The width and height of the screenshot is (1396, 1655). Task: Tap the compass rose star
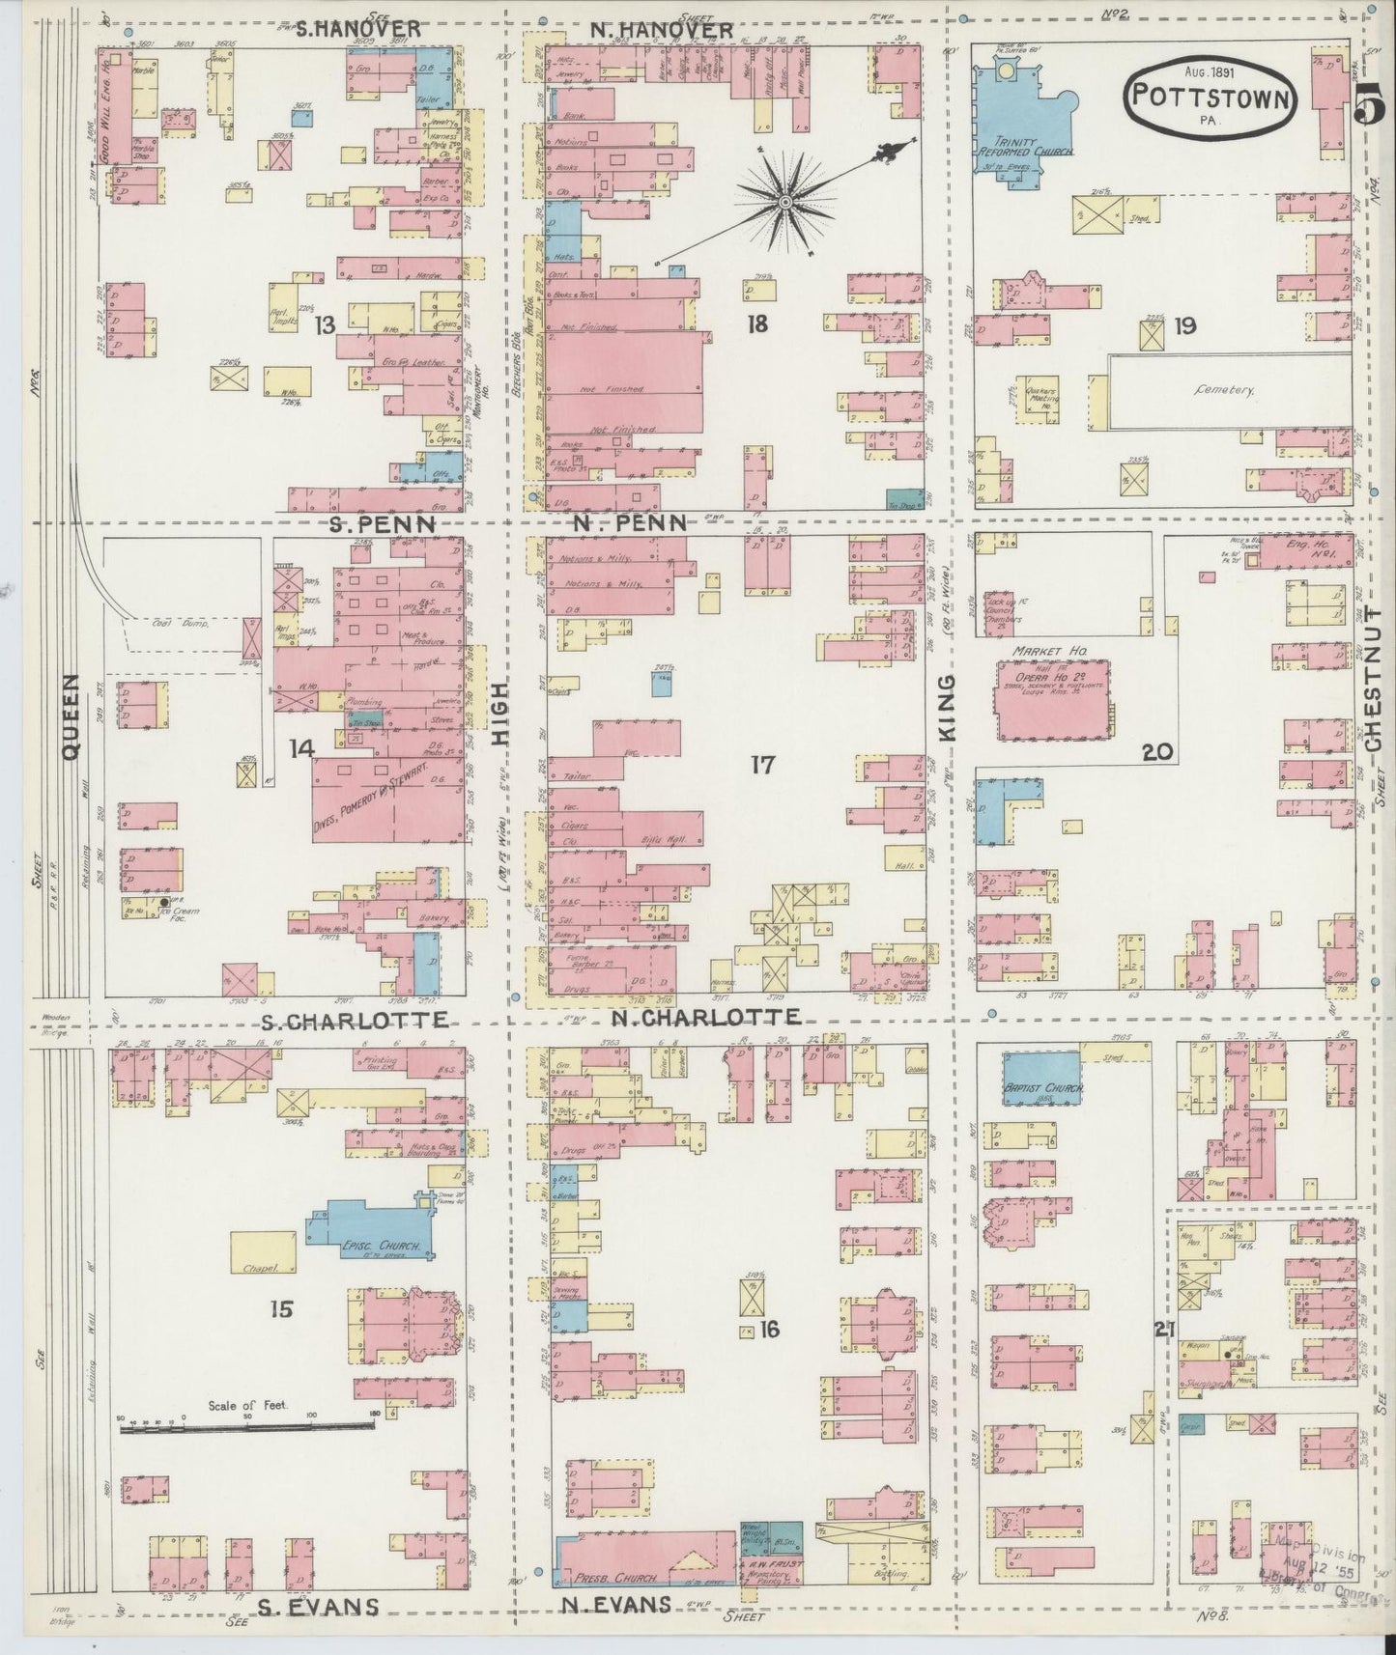click(784, 201)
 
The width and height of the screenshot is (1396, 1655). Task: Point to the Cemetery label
click(1223, 391)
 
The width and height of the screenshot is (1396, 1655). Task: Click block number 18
click(755, 324)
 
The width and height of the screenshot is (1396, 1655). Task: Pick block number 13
click(324, 325)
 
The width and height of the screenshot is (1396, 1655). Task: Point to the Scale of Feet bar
click(246, 1426)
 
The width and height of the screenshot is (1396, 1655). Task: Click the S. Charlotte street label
click(354, 1021)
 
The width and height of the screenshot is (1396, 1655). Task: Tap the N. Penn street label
click(639, 522)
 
